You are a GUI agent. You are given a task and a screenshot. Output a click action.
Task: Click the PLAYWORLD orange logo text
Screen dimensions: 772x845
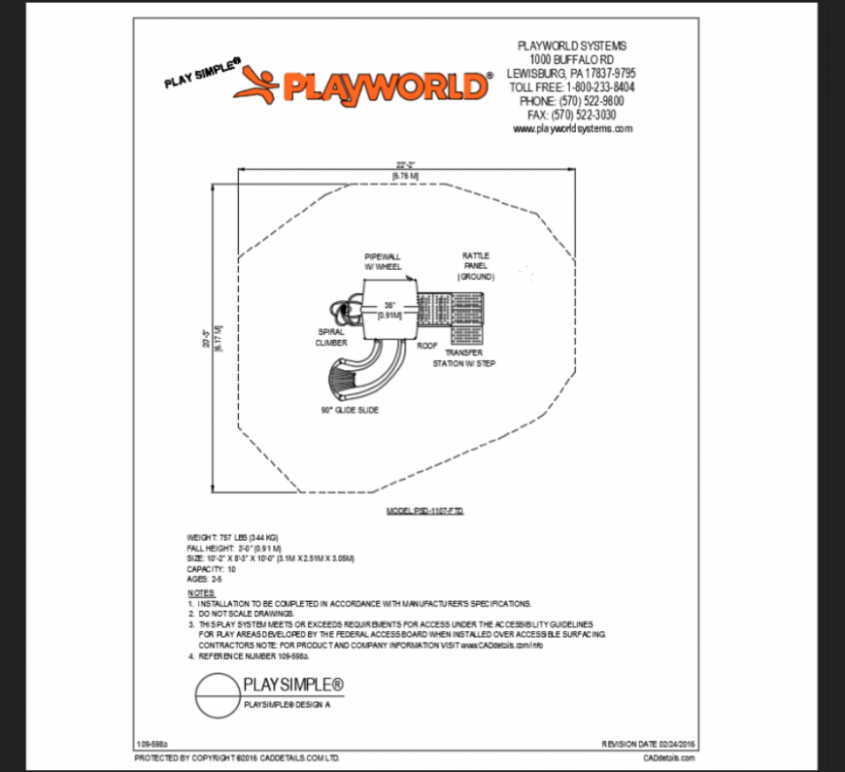click(x=384, y=86)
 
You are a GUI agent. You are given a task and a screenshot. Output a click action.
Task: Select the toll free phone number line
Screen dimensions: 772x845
click(x=572, y=86)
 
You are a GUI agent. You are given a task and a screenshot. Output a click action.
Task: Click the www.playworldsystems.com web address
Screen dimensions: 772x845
click(x=572, y=128)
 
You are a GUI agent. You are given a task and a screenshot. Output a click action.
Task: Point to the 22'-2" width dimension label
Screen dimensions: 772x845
click(x=405, y=164)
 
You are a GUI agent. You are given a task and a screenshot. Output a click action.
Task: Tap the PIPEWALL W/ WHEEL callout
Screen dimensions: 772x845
click(x=383, y=259)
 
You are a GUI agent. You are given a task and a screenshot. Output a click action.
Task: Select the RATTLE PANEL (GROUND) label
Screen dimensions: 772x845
click(x=476, y=266)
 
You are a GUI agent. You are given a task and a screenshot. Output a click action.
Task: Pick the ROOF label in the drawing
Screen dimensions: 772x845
click(x=427, y=345)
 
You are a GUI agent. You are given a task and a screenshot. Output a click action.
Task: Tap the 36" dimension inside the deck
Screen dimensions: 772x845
click(x=389, y=310)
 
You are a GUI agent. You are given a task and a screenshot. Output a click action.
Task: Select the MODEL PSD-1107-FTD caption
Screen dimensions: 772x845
click(x=425, y=509)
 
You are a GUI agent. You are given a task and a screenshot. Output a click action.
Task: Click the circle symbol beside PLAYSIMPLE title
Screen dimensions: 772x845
click(x=216, y=693)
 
